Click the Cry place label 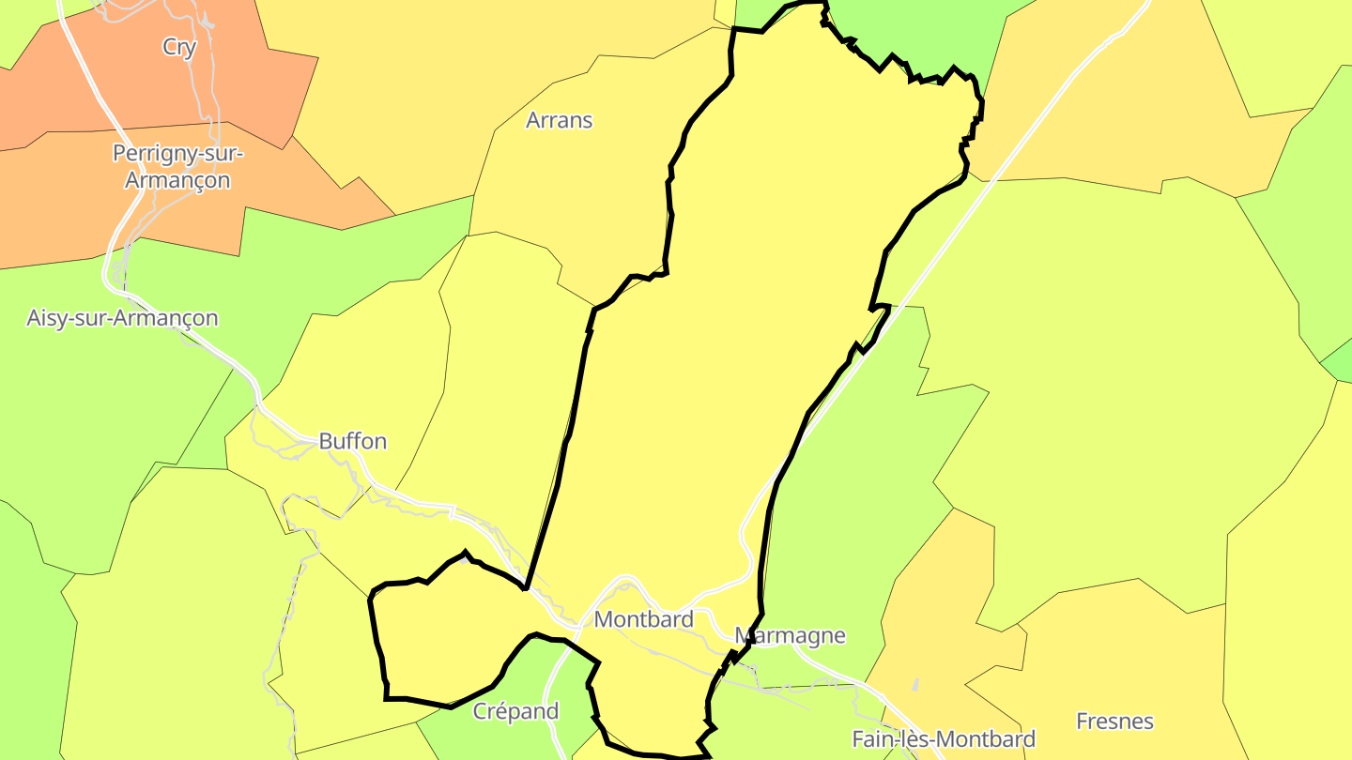tap(179, 47)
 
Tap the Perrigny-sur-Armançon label tap(177, 166)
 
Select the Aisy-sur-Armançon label tap(122, 318)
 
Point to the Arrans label tap(560, 120)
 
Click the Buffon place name tap(353, 441)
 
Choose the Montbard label tap(644, 619)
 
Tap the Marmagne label tap(790, 636)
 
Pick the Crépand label tap(516, 711)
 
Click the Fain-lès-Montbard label tap(944, 739)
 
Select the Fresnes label tap(1115, 722)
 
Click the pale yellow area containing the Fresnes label tap(1127, 666)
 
